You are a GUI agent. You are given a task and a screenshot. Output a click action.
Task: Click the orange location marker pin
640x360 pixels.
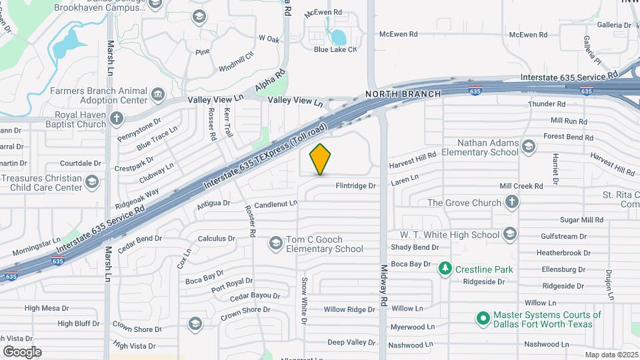[x=320, y=159]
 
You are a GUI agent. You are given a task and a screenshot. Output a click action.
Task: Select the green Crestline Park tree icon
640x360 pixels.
[x=445, y=269]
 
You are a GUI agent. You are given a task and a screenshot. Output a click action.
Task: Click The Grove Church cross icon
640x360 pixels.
[x=511, y=202]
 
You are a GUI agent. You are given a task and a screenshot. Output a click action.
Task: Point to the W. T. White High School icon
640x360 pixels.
[x=510, y=234]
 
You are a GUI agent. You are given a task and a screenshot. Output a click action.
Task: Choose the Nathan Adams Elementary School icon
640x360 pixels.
[x=529, y=147]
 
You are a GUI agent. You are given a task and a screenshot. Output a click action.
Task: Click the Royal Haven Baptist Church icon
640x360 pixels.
[x=117, y=119]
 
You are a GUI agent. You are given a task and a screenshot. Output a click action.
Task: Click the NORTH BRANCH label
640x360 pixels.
[x=403, y=94]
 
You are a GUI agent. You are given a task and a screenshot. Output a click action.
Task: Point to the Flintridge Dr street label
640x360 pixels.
[x=356, y=186]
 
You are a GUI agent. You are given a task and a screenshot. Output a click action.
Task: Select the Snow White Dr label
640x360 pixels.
[x=304, y=301]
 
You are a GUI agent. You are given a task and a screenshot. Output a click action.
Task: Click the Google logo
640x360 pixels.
[x=22, y=351]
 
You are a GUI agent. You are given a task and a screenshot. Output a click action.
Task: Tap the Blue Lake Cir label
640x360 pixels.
[x=335, y=49]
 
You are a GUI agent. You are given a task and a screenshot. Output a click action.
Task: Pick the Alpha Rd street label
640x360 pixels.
[x=270, y=81]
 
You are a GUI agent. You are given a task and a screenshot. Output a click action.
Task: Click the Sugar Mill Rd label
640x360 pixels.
[x=581, y=219]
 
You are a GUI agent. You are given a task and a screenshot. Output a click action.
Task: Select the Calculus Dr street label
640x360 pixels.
[x=217, y=238]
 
